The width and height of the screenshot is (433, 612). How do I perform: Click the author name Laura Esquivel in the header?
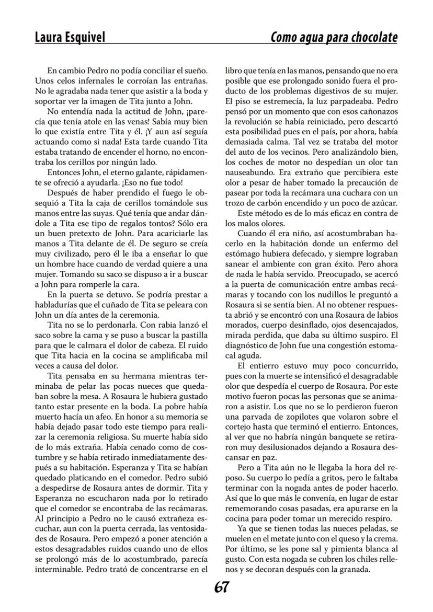click(x=70, y=38)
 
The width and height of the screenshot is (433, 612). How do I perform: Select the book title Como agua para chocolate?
click(x=334, y=38)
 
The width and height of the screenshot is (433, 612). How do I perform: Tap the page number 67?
click(x=221, y=587)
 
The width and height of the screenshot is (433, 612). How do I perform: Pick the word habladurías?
click(x=58, y=304)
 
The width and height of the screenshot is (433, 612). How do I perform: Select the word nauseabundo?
click(x=250, y=171)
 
